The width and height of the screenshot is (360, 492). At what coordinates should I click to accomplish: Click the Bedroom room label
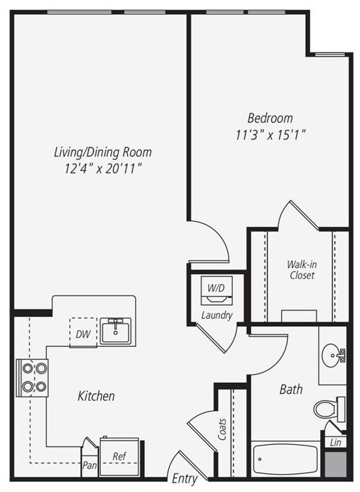(270, 117)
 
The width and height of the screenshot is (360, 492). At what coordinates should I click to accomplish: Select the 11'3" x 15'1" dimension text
(270, 134)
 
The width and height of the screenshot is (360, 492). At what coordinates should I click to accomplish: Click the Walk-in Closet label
(301, 269)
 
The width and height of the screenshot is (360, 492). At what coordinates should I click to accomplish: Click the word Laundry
(217, 316)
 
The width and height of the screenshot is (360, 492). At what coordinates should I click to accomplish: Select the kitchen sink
(115, 330)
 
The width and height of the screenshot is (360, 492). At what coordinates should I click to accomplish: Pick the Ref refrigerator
(120, 457)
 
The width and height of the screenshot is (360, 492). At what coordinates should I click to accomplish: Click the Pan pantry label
(89, 465)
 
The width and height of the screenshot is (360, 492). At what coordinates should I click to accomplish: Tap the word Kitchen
(96, 396)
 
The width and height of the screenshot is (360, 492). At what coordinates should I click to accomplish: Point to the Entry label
(184, 478)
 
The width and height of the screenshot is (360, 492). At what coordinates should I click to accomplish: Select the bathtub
(286, 458)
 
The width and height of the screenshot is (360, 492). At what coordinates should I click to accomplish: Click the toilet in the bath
(329, 409)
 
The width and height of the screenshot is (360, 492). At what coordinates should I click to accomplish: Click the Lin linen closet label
(335, 442)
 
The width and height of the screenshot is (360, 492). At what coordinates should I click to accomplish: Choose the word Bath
(291, 389)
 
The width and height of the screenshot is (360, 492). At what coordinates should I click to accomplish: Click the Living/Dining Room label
(103, 151)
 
